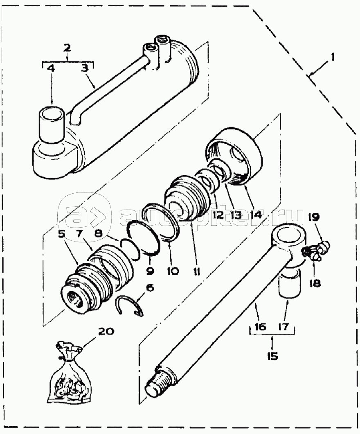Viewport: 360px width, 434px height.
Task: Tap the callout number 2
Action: tap(67, 48)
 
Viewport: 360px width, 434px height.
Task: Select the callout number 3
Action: tap(84, 69)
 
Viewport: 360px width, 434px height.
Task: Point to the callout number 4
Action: tap(51, 69)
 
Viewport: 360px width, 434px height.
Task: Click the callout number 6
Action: tap(150, 288)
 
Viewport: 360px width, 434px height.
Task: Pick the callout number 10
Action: tap(173, 271)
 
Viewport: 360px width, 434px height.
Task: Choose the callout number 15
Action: tap(272, 356)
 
